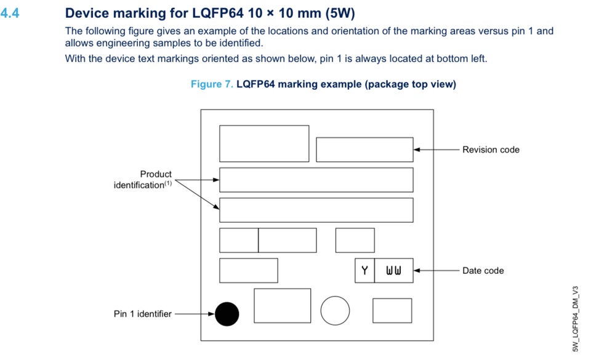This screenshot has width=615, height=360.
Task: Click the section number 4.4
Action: [x=10, y=13]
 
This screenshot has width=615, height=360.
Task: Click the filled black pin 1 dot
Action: [x=227, y=314]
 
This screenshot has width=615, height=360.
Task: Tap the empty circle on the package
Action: [x=336, y=310]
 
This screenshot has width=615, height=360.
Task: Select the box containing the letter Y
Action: [x=364, y=271]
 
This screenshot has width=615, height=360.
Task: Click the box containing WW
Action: [x=393, y=271]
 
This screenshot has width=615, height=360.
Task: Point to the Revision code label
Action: [x=491, y=150]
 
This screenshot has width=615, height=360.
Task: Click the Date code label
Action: [x=483, y=271]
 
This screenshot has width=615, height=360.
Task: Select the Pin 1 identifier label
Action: [x=142, y=314]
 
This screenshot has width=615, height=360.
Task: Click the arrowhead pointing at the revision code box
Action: [x=417, y=150]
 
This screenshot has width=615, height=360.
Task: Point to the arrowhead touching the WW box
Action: [x=417, y=270]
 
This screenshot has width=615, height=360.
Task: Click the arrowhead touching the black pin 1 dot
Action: [x=211, y=314]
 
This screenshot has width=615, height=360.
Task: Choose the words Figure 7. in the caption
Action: [x=212, y=84]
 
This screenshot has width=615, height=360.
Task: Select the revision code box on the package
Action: [x=364, y=150]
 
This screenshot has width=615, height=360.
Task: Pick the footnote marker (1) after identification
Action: [x=168, y=183]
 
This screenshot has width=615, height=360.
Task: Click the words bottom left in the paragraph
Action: [x=464, y=59]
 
